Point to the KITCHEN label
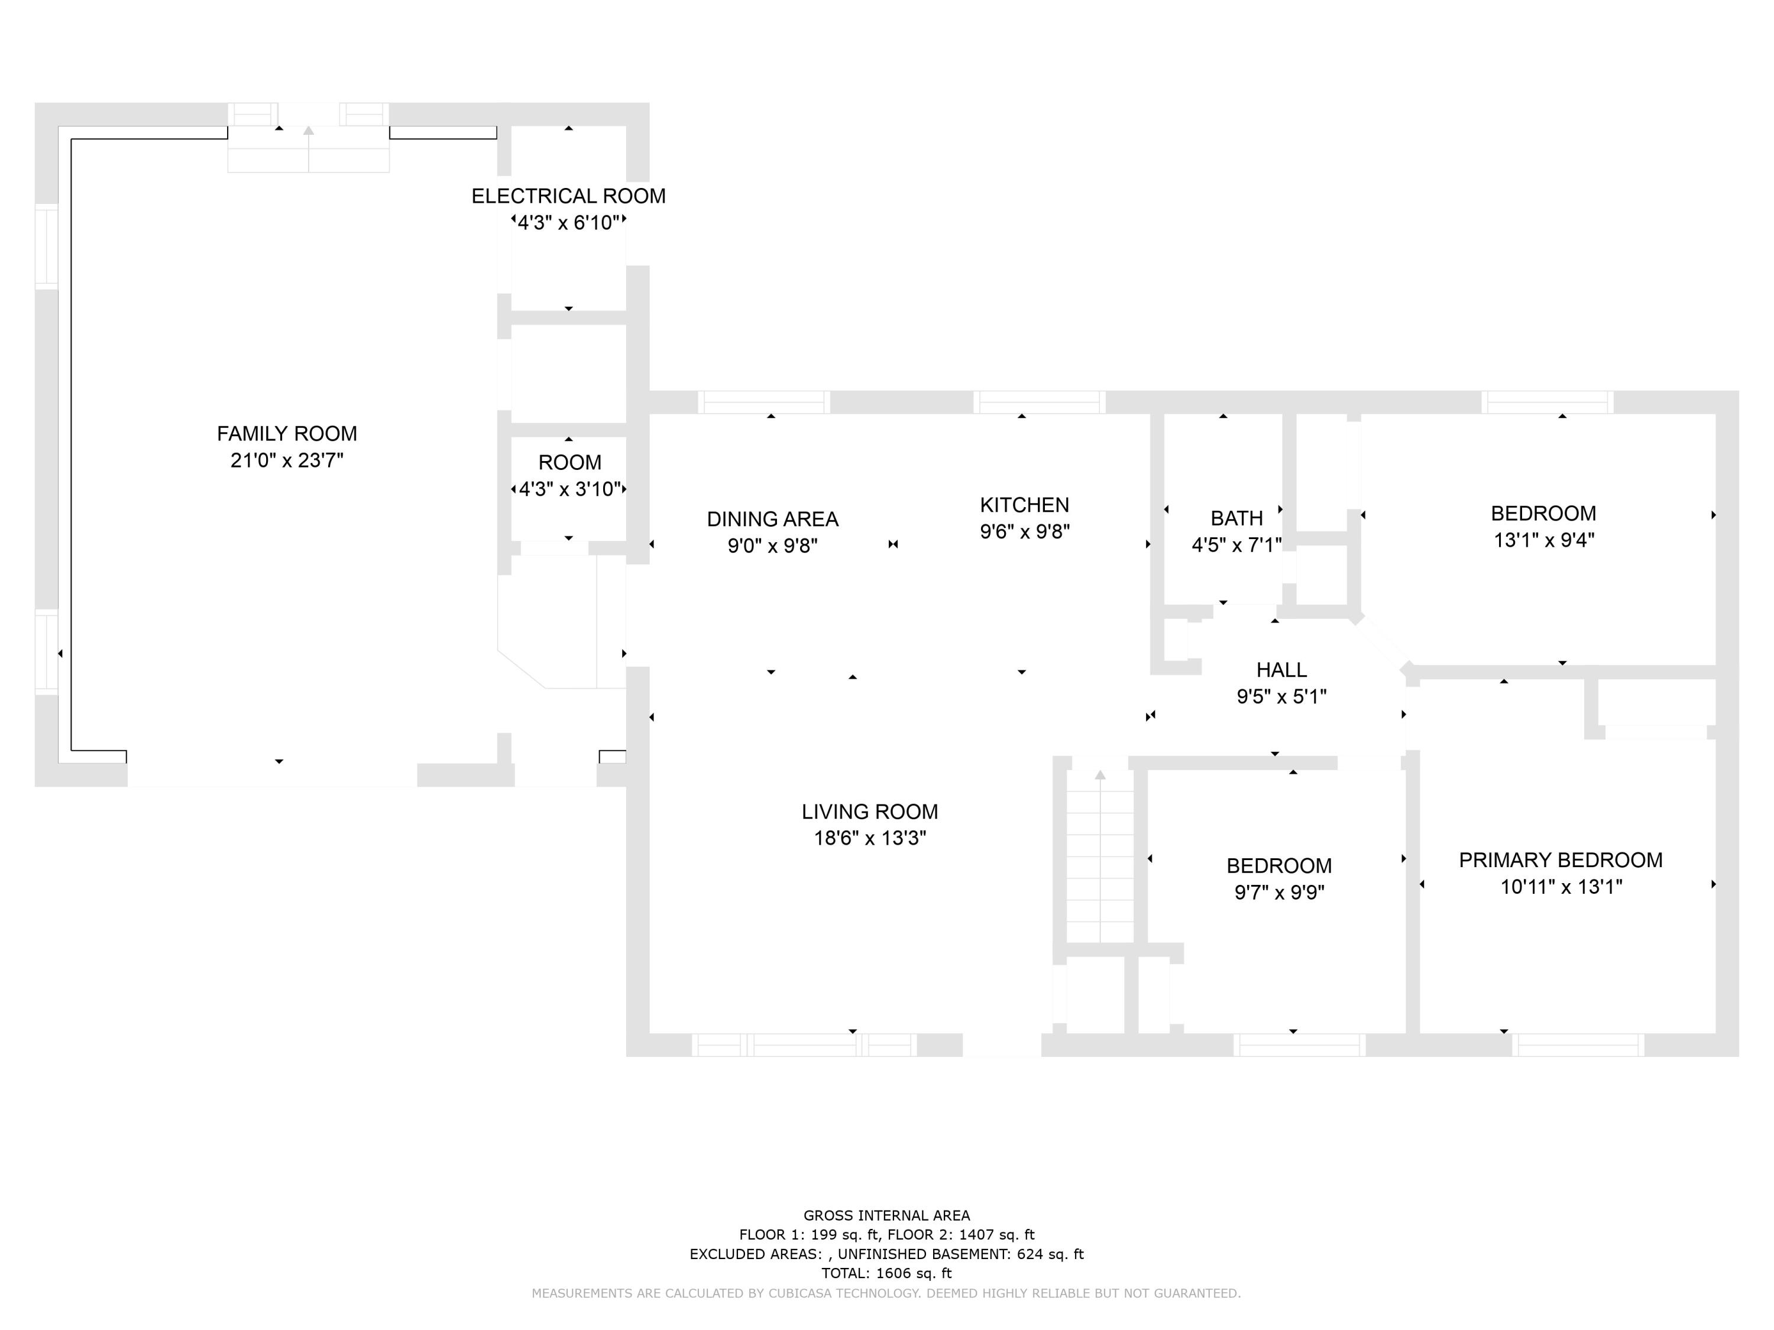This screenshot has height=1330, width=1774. [1024, 505]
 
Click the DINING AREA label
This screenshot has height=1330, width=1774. [772, 520]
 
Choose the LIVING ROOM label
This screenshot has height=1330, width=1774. [869, 812]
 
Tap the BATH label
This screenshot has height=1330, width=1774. [1236, 518]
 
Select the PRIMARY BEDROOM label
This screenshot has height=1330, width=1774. [1560, 860]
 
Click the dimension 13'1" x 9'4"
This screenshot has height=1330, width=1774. [1543, 540]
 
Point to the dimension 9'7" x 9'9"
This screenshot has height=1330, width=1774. [1278, 892]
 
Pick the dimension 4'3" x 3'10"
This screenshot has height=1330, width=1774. [569, 489]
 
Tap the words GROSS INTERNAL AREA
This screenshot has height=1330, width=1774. [886, 1215]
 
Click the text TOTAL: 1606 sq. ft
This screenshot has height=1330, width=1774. [886, 1273]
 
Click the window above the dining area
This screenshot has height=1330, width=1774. [763, 403]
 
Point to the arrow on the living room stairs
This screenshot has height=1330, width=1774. [1099, 775]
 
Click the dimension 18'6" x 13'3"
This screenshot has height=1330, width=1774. [869, 839]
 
